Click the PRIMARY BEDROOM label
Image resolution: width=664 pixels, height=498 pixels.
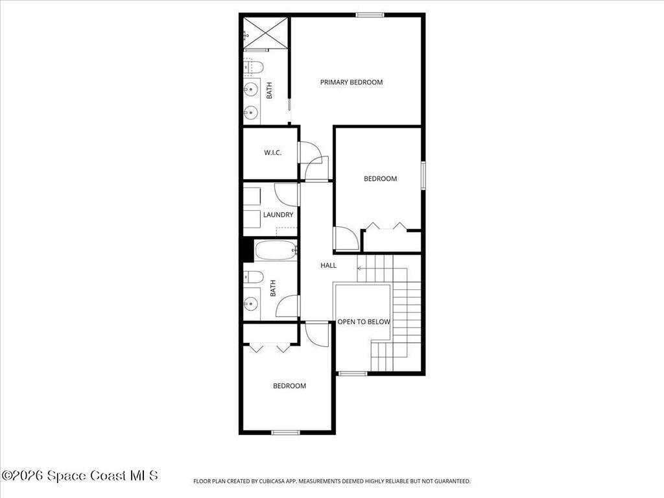[x=351, y=82]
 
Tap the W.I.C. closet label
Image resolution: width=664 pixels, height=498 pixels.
[x=272, y=153]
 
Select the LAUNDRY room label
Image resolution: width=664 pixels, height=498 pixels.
[x=278, y=215]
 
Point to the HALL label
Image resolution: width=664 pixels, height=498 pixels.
[x=328, y=265]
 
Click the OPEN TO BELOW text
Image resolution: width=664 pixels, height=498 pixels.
[x=364, y=322]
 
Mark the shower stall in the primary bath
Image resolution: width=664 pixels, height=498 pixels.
[x=265, y=32]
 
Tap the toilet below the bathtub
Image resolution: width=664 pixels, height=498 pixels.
[x=253, y=278]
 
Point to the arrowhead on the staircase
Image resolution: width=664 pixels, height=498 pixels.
[x=359, y=267]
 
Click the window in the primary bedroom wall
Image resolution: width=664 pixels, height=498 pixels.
[x=370, y=15]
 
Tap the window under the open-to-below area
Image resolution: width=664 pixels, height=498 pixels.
[x=353, y=373]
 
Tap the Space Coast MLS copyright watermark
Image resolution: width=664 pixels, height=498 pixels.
[x=79, y=476]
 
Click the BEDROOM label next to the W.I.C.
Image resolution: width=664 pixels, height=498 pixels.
[x=380, y=179]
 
